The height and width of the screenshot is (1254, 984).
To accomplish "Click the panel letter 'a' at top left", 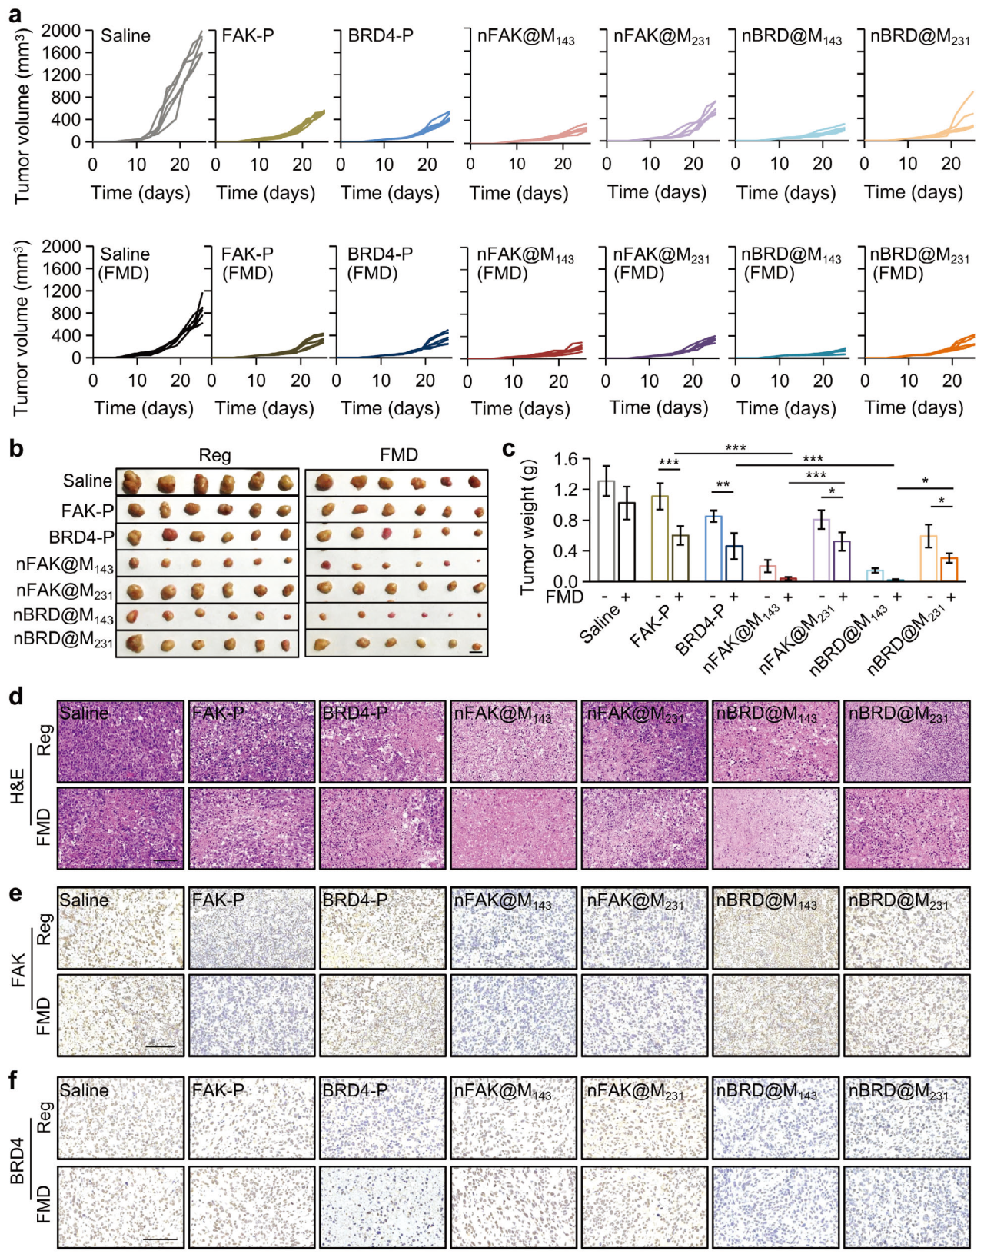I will pos(15,13).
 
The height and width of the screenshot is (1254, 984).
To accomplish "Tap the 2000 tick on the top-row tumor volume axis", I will pos(61,31).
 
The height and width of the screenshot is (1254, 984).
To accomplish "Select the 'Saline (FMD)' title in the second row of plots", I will pos(125,264).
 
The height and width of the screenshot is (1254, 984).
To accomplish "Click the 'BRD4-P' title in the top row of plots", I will pos(381,35).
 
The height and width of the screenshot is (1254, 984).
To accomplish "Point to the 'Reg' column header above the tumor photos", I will pos(214,455).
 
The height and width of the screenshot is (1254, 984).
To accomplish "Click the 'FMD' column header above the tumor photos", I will pos(398,455).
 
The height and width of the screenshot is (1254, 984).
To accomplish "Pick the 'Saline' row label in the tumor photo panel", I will pos(88,481).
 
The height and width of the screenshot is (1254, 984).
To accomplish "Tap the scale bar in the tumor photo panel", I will pos(476,653).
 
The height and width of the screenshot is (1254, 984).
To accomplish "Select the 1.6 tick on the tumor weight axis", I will pos(566,460).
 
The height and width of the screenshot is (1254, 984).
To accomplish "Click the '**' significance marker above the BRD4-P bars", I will pos(723,485).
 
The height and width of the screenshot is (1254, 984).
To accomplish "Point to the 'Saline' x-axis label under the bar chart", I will pos(600,623).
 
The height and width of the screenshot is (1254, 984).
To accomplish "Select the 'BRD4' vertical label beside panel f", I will pos(17,1162).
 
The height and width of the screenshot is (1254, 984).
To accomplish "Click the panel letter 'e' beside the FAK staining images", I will pos(15,895).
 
